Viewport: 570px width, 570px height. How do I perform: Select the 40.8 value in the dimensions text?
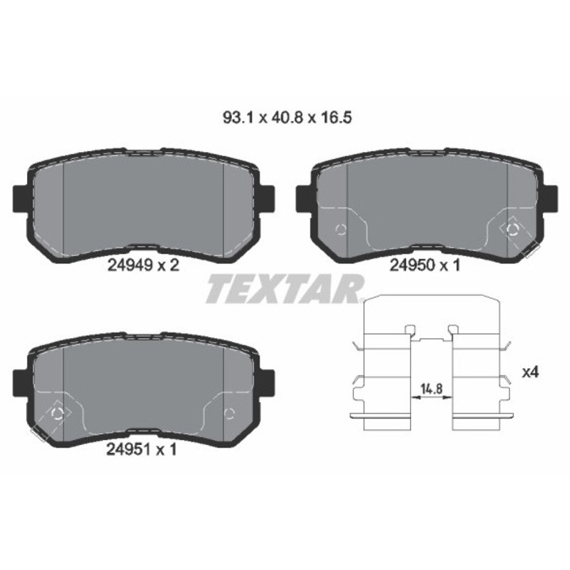click(285, 118)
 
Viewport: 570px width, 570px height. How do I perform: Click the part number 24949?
click(130, 265)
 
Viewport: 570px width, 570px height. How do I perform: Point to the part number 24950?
click(412, 265)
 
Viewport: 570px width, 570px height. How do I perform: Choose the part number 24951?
click(128, 450)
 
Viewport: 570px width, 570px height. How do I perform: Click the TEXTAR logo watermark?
click(285, 290)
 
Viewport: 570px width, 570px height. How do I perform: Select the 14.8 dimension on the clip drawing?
click(431, 389)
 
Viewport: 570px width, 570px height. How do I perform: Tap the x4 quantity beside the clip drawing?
click(530, 372)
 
